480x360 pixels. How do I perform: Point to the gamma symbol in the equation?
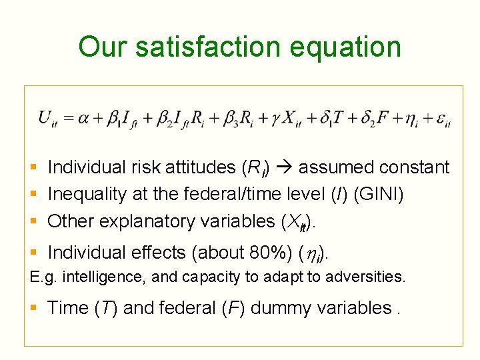point(276,120)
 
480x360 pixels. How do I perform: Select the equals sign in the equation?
point(67,119)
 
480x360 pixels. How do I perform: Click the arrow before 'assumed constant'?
point(287,167)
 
